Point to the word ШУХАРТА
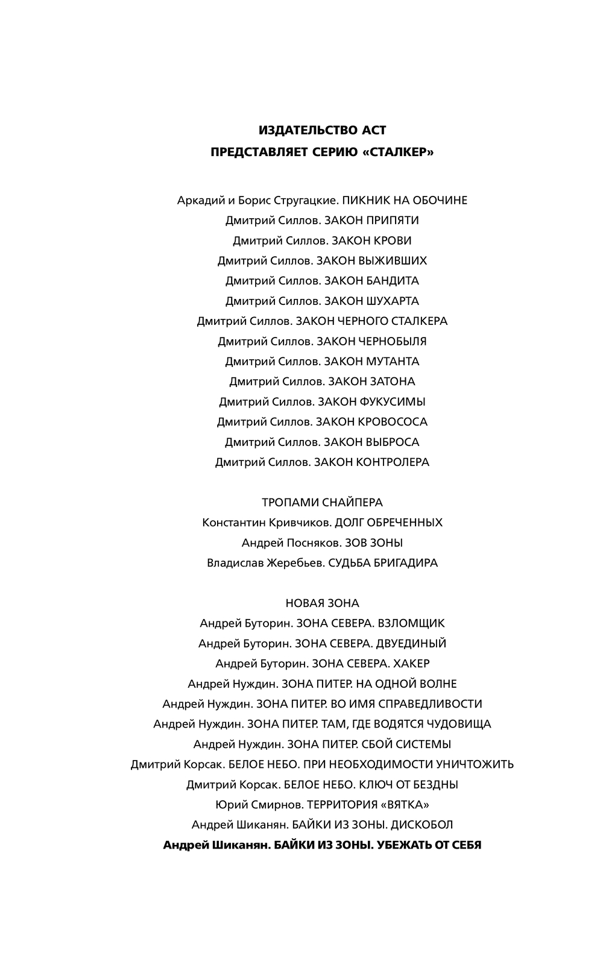[393, 301]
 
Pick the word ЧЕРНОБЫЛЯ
[393, 342]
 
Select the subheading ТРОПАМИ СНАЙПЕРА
[322, 503]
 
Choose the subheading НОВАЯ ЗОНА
[322, 603]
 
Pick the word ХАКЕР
[411, 664]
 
